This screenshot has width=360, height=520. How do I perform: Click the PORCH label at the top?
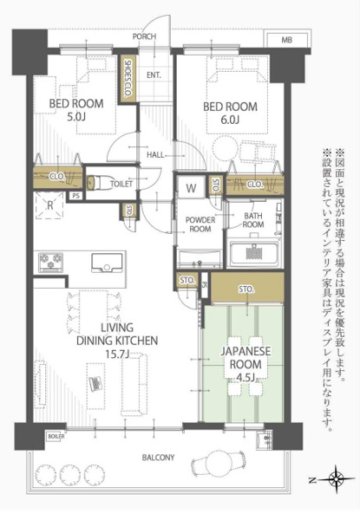(144, 37)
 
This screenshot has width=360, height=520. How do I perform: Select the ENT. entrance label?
(154, 75)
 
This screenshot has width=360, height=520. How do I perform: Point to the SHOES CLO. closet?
(128, 77)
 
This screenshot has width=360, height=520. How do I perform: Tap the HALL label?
(156, 154)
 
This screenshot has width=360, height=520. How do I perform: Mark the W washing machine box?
(190, 186)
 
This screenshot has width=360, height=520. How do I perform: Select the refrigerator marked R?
(51, 206)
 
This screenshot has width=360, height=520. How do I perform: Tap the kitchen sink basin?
(108, 261)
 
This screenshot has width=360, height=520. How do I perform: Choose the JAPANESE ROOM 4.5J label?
(247, 359)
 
